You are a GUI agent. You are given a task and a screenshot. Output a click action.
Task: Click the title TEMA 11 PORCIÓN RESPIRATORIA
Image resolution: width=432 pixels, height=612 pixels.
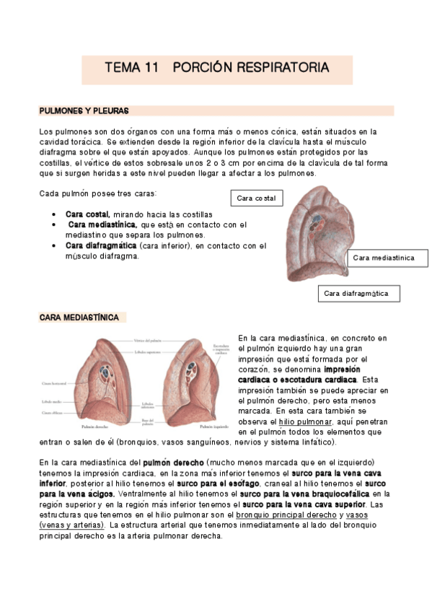(217, 68)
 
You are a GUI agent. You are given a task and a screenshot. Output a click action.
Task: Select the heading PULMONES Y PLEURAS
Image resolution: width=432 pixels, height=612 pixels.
(84, 111)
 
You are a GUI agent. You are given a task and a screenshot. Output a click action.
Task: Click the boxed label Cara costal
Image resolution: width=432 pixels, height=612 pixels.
(256, 198)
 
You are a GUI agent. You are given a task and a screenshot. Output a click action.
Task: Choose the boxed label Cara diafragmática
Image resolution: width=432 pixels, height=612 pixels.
(358, 293)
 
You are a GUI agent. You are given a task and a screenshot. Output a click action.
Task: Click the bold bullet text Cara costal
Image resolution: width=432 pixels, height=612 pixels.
(87, 215)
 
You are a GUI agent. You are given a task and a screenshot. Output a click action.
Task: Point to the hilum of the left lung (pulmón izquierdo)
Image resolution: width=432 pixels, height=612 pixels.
(186, 372)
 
